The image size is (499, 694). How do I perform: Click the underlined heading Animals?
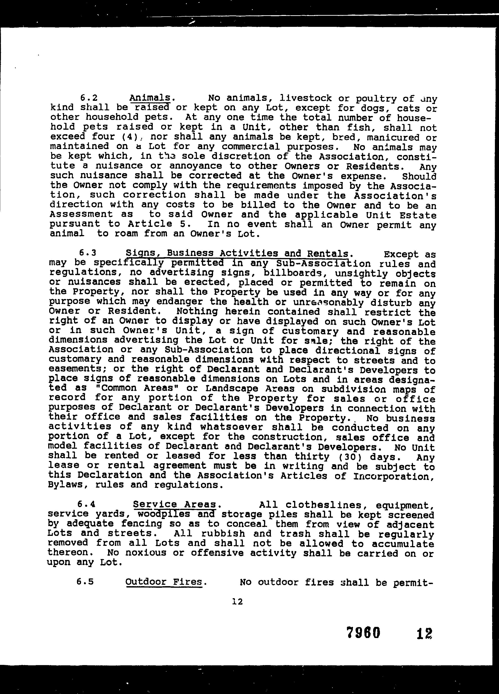coord(150,98)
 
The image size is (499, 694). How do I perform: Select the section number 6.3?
coord(88,253)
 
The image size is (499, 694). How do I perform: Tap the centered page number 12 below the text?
coord(238,602)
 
